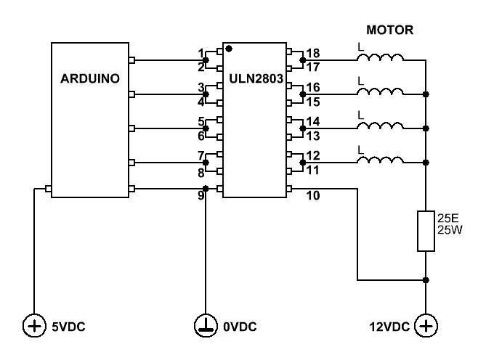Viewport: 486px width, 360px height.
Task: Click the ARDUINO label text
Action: tap(90, 78)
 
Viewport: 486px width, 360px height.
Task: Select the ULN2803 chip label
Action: tap(256, 78)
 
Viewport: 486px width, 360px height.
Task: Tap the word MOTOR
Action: tap(389, 30)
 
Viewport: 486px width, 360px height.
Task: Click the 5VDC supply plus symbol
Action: tap(34, 326)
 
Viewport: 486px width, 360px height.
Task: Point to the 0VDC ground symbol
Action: tap(206, 326)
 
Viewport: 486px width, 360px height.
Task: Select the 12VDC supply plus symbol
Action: tap(426, 326)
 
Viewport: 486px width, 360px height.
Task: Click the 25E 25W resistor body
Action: tap(426, 231)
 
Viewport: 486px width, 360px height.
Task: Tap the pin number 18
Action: tap(312, 53)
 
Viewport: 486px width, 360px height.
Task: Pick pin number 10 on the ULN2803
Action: tap(312, 195)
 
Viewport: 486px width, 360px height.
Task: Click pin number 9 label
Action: tap(201, 195)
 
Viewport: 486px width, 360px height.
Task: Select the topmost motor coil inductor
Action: tap(381, 57)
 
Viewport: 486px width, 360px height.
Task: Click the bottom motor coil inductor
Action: tap(381, 160)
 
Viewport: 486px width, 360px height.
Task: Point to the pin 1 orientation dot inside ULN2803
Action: tap(229, 49)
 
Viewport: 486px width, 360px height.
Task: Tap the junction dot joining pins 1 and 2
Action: tap(206, 60)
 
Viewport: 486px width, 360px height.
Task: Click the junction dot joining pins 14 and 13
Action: tap(303, 128)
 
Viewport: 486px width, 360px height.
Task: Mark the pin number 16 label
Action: tap(312, 87)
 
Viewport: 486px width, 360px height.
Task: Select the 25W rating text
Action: tap(450, 230)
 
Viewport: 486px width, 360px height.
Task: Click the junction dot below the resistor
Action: tap(426, 280)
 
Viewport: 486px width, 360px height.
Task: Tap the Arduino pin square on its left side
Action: tap(48, 189)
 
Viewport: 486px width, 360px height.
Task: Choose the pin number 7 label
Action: tap(201, 155)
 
